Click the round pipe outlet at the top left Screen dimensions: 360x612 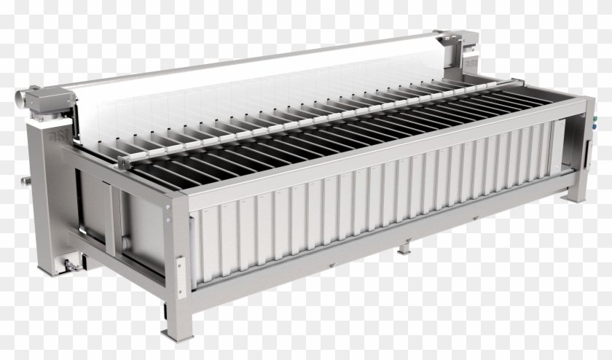coord(23,94)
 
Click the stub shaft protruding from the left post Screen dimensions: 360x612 coord(25,179)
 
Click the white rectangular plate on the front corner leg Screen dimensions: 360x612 coord(180,278)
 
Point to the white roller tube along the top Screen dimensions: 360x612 coord(255,69)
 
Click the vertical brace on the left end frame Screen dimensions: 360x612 coord(111,219)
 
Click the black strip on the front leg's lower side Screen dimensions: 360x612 coord(165,310)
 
